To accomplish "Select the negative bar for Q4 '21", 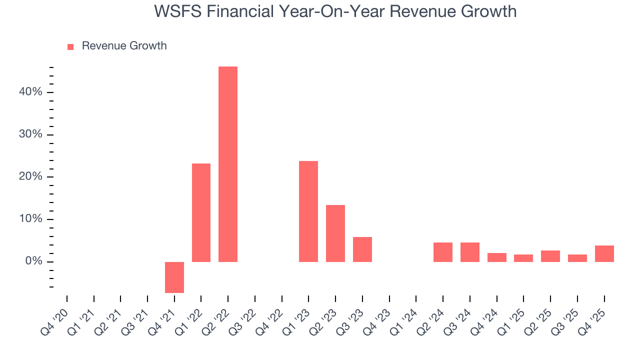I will coord(174,277).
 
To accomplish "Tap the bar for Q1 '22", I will coord(201,212).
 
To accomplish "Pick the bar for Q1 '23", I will coord(308,211).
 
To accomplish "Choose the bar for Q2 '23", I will coord(335,233).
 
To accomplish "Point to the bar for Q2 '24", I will coord(443,252).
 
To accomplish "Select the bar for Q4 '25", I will coord(604,253).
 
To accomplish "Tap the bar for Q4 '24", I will coord(497,257).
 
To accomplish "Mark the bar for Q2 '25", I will coord(550,256).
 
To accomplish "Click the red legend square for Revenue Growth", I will coord(70,46).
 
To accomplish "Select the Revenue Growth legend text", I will coord(124,46).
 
